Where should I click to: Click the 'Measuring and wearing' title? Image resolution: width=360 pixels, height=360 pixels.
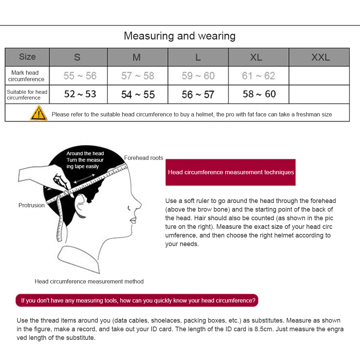coord(180,36)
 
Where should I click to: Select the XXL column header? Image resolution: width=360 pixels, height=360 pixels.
coord(320,57)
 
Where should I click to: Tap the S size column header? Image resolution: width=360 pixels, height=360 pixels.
coord(77,57)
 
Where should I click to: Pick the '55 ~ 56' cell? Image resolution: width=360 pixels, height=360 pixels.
coord(80,76)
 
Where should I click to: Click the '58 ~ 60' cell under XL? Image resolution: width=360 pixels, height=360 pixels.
coord(259,94)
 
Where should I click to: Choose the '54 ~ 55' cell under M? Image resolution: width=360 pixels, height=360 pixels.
coord(138,94)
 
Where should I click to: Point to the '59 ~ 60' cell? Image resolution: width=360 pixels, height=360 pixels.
coord(198,76)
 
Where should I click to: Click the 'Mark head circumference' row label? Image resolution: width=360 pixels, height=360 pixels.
coord(27,76)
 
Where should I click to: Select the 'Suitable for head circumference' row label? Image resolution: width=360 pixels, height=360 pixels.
coord(27,94)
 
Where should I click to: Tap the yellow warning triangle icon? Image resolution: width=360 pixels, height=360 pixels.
coord(38,113)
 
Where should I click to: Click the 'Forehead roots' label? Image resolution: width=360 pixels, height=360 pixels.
coord(143,158)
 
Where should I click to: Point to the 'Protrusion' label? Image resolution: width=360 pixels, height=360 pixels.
coord(32,205)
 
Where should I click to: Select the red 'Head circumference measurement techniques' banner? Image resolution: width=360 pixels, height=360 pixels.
coord(231,172)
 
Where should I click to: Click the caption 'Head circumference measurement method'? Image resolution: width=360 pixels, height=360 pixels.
coord(89,281)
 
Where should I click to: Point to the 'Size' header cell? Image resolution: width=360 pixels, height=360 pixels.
coord(27,57)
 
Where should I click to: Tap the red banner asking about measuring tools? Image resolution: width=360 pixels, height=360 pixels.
coord(137,300)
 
